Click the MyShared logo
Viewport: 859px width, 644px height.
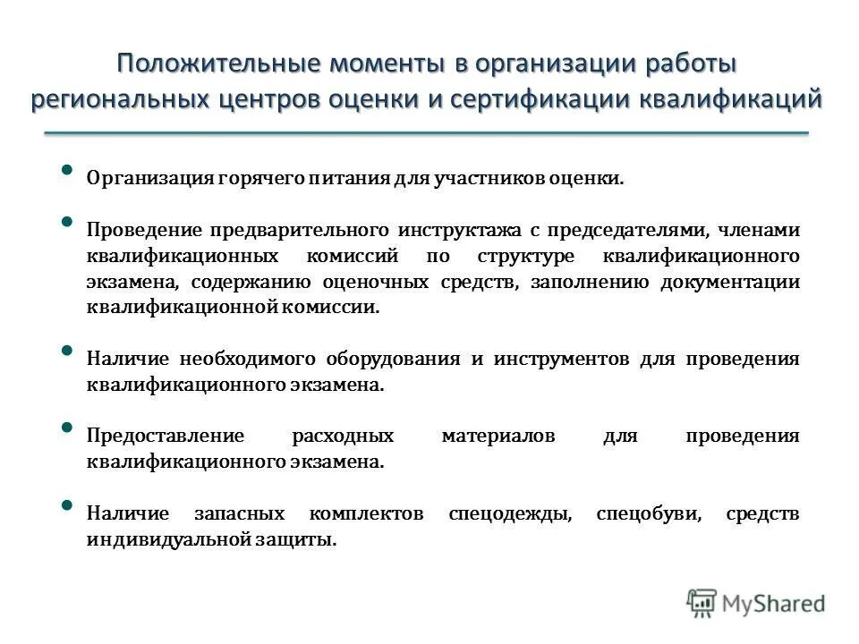(x=756, y=603)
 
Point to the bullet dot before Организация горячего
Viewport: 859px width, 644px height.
(x=68, y=171)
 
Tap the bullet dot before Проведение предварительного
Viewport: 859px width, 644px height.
(x=68, y=223)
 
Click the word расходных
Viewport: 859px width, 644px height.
(x=343, y=436)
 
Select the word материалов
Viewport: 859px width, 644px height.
(x=498, y=436)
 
